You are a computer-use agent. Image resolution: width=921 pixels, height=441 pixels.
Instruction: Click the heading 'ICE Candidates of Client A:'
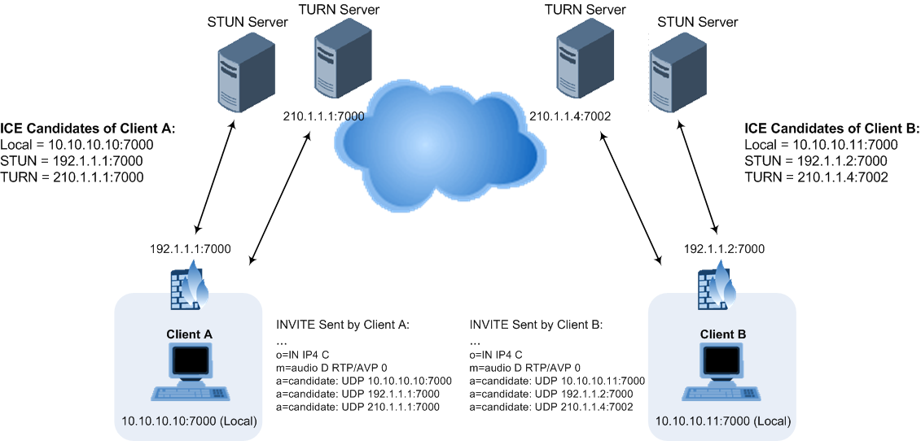coord(88,129)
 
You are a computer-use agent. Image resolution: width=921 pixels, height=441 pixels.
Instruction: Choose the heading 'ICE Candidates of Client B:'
coord(832,129)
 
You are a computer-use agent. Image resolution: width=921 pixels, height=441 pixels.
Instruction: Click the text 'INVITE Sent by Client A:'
coord(344,325)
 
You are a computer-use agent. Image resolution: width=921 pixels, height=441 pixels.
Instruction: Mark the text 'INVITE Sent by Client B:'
coord(536,325)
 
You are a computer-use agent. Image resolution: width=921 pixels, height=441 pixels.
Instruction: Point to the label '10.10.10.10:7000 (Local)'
coord(190,421)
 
